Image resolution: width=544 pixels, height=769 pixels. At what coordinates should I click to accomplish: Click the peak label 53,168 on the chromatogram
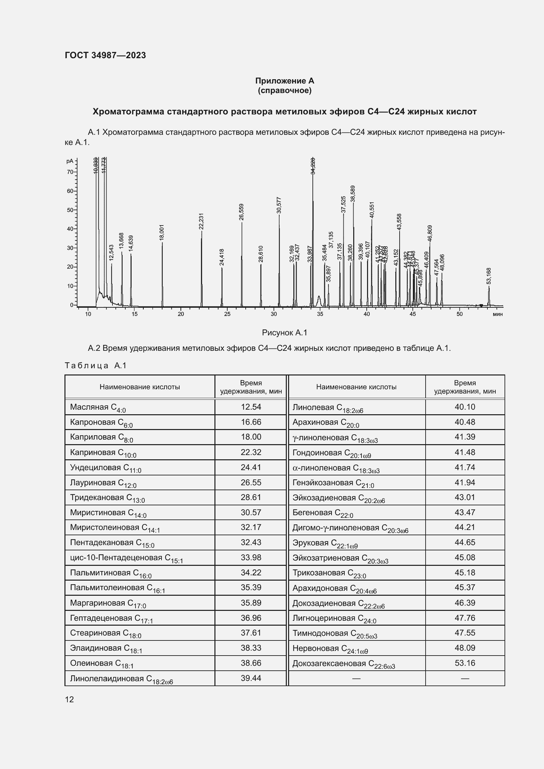pos(488,276)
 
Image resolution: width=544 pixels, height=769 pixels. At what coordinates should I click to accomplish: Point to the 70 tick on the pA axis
pos(70,172)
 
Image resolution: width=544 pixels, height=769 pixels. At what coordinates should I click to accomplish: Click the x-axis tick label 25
pos(227,314)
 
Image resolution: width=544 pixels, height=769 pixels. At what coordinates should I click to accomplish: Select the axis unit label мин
pos(498,314)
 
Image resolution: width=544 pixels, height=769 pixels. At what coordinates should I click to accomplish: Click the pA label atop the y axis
pos(70,161)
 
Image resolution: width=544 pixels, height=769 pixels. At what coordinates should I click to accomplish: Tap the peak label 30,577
pos(279,205)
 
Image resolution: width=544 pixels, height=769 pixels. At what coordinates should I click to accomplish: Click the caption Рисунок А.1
pos(284,333)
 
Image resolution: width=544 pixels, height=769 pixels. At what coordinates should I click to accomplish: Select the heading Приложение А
pos(284,81)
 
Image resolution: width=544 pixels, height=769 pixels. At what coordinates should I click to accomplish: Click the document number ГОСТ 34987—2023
pos(105,55)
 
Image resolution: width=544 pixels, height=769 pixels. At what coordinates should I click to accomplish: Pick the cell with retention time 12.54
pos(251,407)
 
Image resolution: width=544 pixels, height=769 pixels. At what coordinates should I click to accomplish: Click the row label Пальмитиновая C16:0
pos(111,573)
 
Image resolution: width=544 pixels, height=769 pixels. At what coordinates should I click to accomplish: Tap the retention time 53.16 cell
pos(465,663)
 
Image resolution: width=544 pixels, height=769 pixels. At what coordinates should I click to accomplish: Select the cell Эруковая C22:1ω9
pos(325,543)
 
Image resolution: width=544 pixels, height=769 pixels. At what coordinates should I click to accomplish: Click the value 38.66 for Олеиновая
pos(251,663)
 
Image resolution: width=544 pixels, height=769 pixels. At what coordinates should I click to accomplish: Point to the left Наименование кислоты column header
pos(140,387)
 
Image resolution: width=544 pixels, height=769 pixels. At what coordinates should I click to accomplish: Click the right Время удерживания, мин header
pos(465,387)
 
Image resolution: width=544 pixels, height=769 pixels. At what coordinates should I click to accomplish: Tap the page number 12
pos(69,699)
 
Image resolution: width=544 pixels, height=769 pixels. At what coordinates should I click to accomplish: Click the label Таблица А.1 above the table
pos(95,365)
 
